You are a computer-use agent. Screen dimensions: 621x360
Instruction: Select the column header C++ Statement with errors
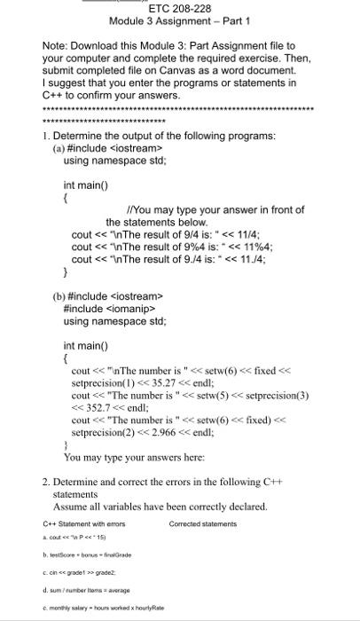83,523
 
